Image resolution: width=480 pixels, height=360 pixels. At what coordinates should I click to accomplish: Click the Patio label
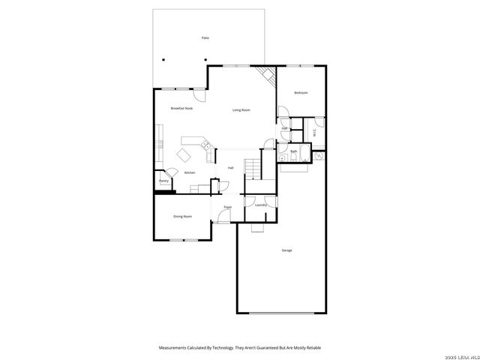205,37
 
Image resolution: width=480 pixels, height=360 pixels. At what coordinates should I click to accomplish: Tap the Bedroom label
301,93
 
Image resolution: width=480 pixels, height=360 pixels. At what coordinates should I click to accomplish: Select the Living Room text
241,110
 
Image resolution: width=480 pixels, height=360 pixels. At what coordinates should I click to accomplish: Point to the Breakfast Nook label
181,109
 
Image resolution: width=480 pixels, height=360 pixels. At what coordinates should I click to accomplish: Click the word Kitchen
190,173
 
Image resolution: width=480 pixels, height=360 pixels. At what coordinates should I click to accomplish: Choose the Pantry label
163,181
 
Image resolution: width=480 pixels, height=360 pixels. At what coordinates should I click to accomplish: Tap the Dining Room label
182,217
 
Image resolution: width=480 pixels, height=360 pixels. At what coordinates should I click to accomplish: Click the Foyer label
227,207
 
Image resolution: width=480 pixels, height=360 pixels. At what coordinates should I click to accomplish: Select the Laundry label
261,205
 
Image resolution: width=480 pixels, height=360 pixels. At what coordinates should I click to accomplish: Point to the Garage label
286,250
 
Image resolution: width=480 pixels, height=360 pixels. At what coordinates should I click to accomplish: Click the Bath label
294,151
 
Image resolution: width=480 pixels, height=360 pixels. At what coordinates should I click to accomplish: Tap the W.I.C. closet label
313,133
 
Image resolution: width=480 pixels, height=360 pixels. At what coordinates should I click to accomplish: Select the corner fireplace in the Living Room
265,76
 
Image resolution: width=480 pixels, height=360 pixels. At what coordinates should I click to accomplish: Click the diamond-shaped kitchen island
184,154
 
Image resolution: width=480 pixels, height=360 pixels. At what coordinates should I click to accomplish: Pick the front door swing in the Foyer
223,217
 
